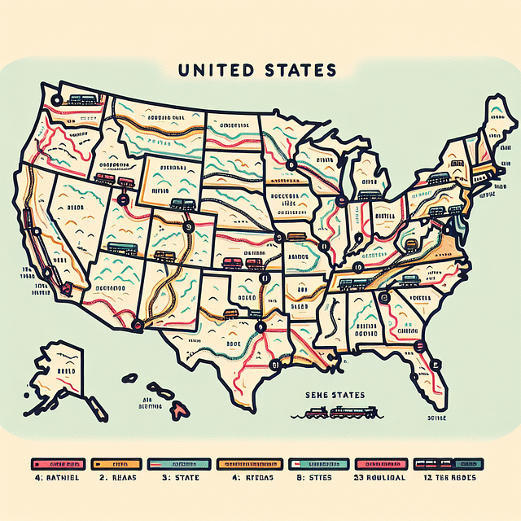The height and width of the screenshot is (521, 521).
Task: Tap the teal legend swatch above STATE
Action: click(180, 463)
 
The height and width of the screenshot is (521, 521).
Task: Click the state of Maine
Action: click(494, 122)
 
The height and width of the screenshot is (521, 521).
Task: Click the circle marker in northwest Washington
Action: click(56, 101)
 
